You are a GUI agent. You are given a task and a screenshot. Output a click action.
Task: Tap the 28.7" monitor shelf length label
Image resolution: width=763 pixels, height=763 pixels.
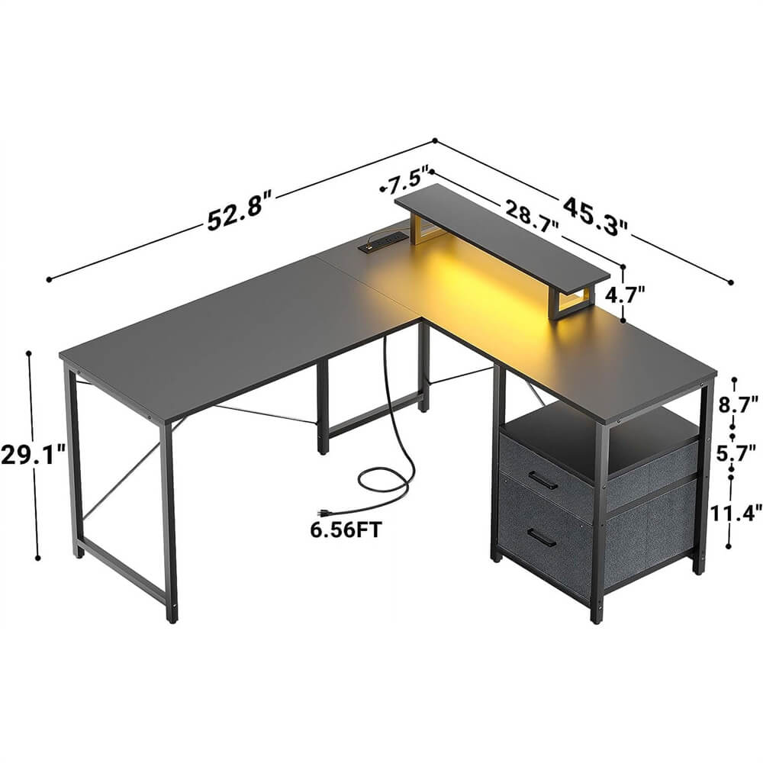click(530, 214)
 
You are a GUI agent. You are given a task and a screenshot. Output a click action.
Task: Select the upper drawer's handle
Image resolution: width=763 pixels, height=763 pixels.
click(542, 481)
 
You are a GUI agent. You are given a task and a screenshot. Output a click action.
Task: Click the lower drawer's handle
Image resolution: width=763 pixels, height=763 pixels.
click(542, 538)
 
